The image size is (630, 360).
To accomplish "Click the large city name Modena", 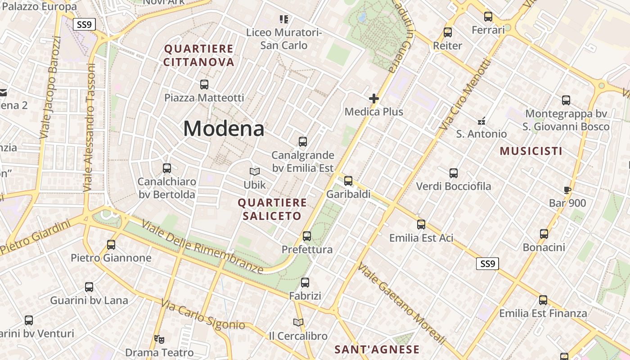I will tap(224, 129).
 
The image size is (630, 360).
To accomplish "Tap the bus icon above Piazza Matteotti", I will tap(204, 84).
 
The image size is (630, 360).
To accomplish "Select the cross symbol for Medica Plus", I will tap(373, 98).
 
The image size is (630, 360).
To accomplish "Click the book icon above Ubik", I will tap(255, 171).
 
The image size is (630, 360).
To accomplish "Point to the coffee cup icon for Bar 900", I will tap(567, 190).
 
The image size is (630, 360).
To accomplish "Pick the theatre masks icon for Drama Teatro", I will tap(158, 339).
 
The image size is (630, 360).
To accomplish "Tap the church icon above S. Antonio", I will tap(481, 121).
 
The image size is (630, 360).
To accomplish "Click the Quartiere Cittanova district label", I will tap(198, 55).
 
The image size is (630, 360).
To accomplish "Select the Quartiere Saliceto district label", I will tap(272, 209).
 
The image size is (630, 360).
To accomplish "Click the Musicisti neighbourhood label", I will tap(531, 151).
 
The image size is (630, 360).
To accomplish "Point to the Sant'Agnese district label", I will tap(377, 350).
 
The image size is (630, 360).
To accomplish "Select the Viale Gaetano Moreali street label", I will tap(401, 304).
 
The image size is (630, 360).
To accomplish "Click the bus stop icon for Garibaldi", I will tap(348, 181).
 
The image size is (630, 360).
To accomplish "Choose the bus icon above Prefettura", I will tap(307, 236).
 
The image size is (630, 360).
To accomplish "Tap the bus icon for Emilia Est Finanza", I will tap(543, 300).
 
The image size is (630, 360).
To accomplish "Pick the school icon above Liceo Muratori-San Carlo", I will tap(283, 19).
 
